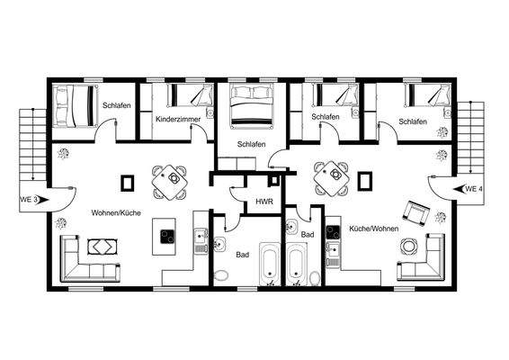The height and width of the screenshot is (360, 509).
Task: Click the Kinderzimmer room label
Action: [176, 119]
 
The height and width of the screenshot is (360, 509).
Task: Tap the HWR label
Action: [264, 202]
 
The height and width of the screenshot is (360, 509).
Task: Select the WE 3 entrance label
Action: [29, 198]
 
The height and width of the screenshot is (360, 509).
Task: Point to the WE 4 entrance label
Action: [474, 189]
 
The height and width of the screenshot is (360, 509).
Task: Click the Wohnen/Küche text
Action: [115, 213]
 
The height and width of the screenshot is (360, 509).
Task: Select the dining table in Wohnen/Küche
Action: [169, 181]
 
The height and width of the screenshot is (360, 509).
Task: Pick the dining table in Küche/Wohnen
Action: [331, 178]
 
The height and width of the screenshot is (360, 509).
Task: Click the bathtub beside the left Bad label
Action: [271, 265]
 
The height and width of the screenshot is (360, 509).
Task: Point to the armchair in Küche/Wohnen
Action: [416, 211]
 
